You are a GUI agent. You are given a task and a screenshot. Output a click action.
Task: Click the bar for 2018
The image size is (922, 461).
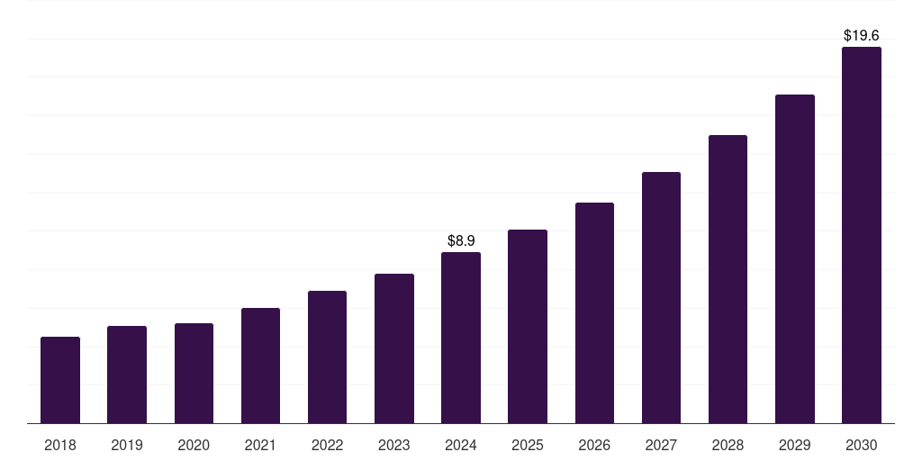click(60, 380)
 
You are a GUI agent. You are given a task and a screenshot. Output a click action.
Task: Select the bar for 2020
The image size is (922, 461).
click(194, 373)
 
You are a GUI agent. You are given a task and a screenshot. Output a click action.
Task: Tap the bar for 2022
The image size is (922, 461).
click(327, 357)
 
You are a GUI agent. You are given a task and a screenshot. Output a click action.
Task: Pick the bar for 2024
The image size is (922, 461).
click(461, 338)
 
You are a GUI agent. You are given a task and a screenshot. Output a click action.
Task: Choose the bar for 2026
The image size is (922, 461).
click(594, 312)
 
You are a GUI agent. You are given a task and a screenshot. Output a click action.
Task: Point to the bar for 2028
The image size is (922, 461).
click(728, 279)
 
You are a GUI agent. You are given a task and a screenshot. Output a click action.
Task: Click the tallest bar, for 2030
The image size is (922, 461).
click(861, 235)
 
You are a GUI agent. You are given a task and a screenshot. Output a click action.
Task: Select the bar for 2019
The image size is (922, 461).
click(127, 375)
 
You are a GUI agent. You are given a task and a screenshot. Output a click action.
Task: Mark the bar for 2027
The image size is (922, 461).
click(661, 297)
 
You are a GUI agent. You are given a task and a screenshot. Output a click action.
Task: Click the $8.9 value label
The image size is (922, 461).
click(461, 240)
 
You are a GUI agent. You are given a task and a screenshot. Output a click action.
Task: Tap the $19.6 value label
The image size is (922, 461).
click(861, 35)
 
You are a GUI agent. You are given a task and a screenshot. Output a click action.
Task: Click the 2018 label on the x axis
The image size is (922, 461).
click(60, 445)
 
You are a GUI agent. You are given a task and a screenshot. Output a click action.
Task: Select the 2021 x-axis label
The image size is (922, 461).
click(260, 445)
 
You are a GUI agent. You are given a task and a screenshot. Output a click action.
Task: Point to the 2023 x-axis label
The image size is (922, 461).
click(393, 445)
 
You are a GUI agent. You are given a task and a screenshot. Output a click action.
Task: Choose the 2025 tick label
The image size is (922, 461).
click(528, 445)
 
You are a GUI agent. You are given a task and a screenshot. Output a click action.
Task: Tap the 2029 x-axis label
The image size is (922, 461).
click(794, 445)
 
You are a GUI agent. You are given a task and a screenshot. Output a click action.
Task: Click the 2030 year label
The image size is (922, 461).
click(861, 445)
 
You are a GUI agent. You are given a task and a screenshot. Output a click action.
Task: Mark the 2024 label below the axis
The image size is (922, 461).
click(461, 445)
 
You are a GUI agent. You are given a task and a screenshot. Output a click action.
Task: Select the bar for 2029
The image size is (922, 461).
click(794, 258)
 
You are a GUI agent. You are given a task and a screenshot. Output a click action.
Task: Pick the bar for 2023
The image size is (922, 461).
click(393, 348)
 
